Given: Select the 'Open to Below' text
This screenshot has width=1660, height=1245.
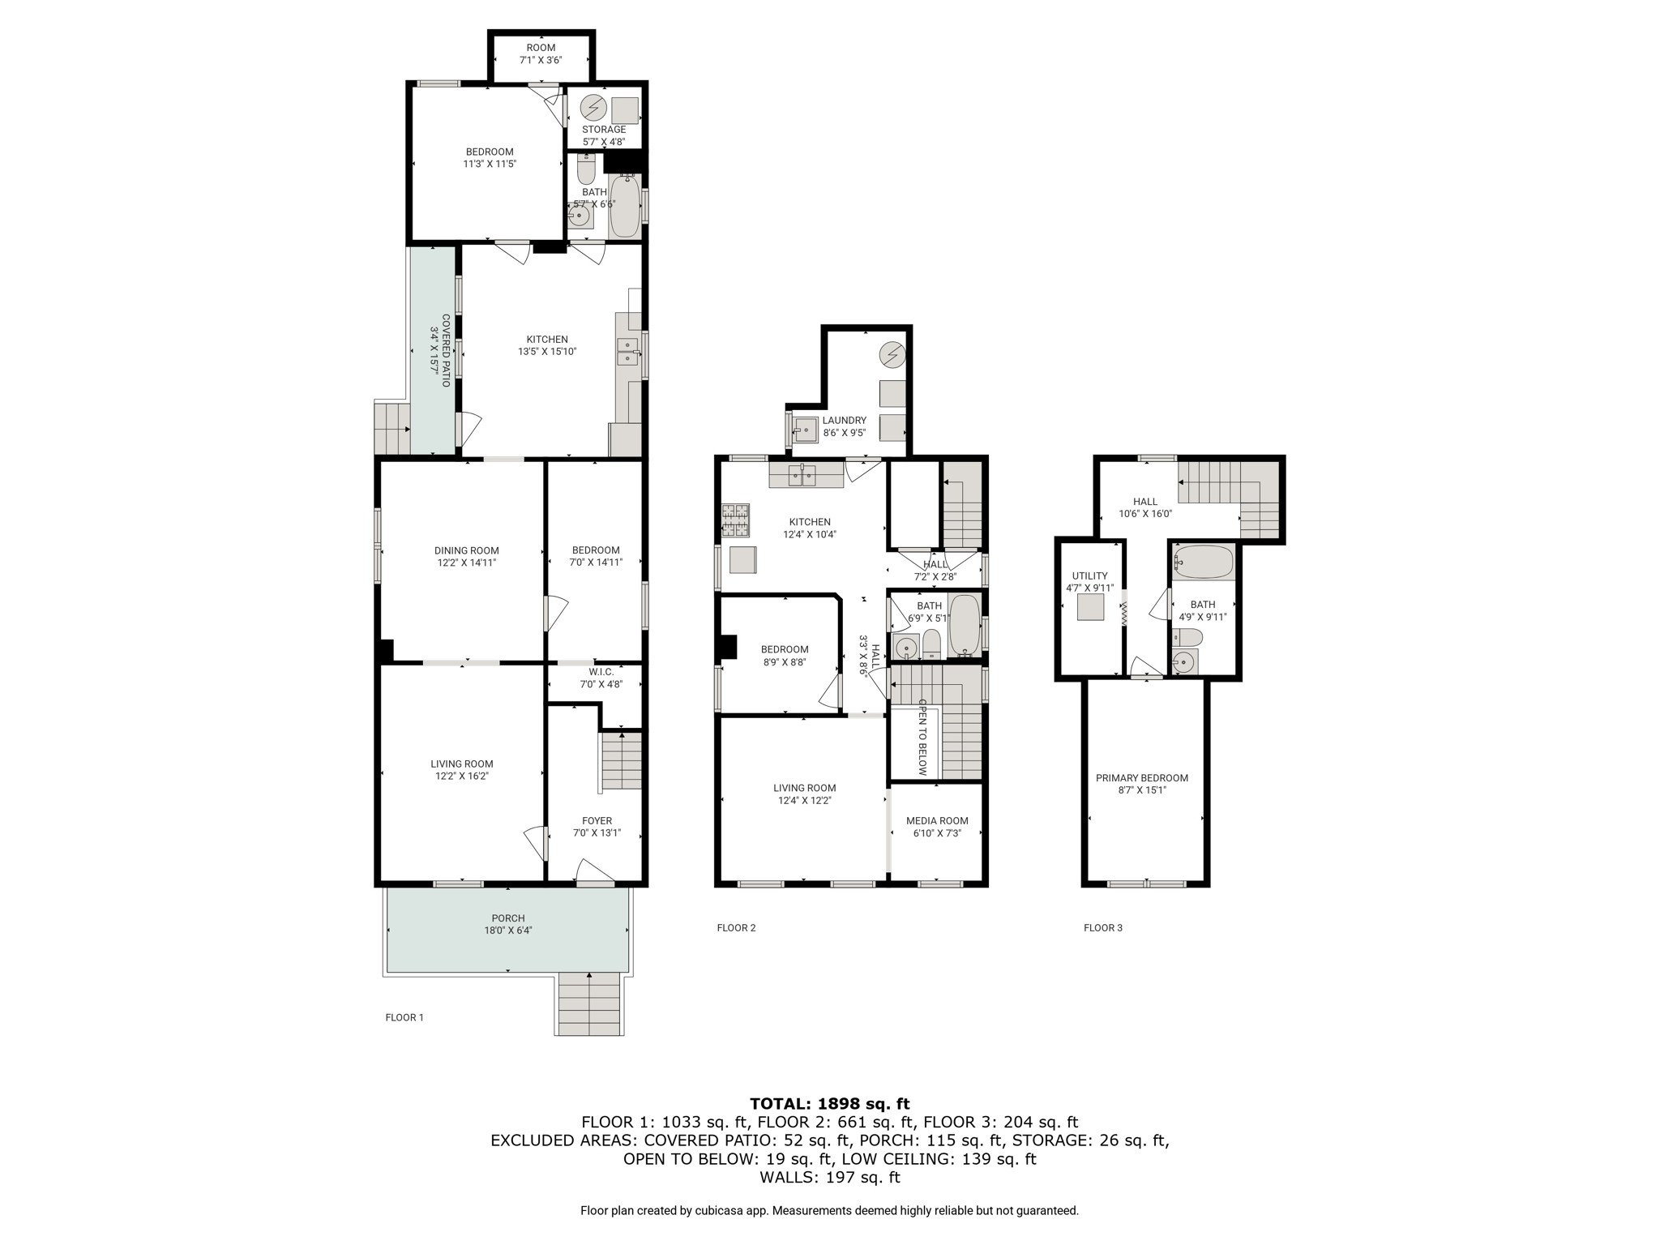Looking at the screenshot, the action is click(922, 738).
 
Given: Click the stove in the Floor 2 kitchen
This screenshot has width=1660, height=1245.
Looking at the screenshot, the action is click(735, 520).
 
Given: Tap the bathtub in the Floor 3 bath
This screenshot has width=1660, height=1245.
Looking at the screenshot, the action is click(1204, 563).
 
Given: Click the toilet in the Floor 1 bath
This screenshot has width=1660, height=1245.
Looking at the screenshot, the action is click(586, 169).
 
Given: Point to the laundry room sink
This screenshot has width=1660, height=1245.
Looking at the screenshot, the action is click(806, 429).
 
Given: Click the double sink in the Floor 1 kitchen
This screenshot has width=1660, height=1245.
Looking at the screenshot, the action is click(627, 353).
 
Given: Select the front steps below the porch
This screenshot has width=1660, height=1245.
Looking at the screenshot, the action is click(589, 1003).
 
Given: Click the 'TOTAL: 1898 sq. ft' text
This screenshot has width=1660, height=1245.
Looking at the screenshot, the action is click(830, 1103).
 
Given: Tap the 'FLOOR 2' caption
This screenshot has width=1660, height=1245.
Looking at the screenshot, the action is click(736, 928).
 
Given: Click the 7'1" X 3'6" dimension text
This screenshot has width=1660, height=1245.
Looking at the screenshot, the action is click(541, 60).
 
